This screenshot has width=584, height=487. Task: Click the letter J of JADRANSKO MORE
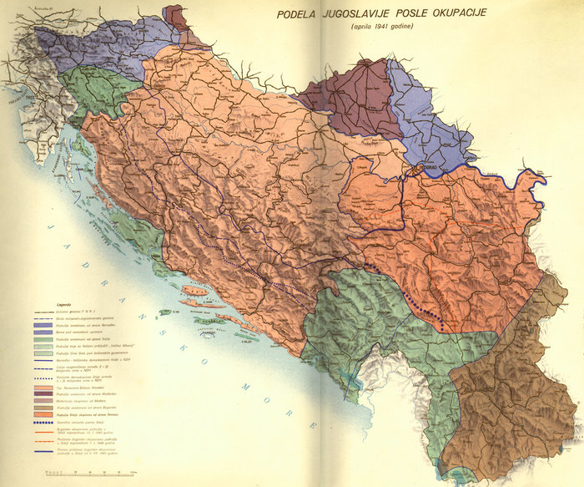[x=51, y=228]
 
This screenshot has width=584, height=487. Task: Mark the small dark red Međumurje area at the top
[x=176, y=17]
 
